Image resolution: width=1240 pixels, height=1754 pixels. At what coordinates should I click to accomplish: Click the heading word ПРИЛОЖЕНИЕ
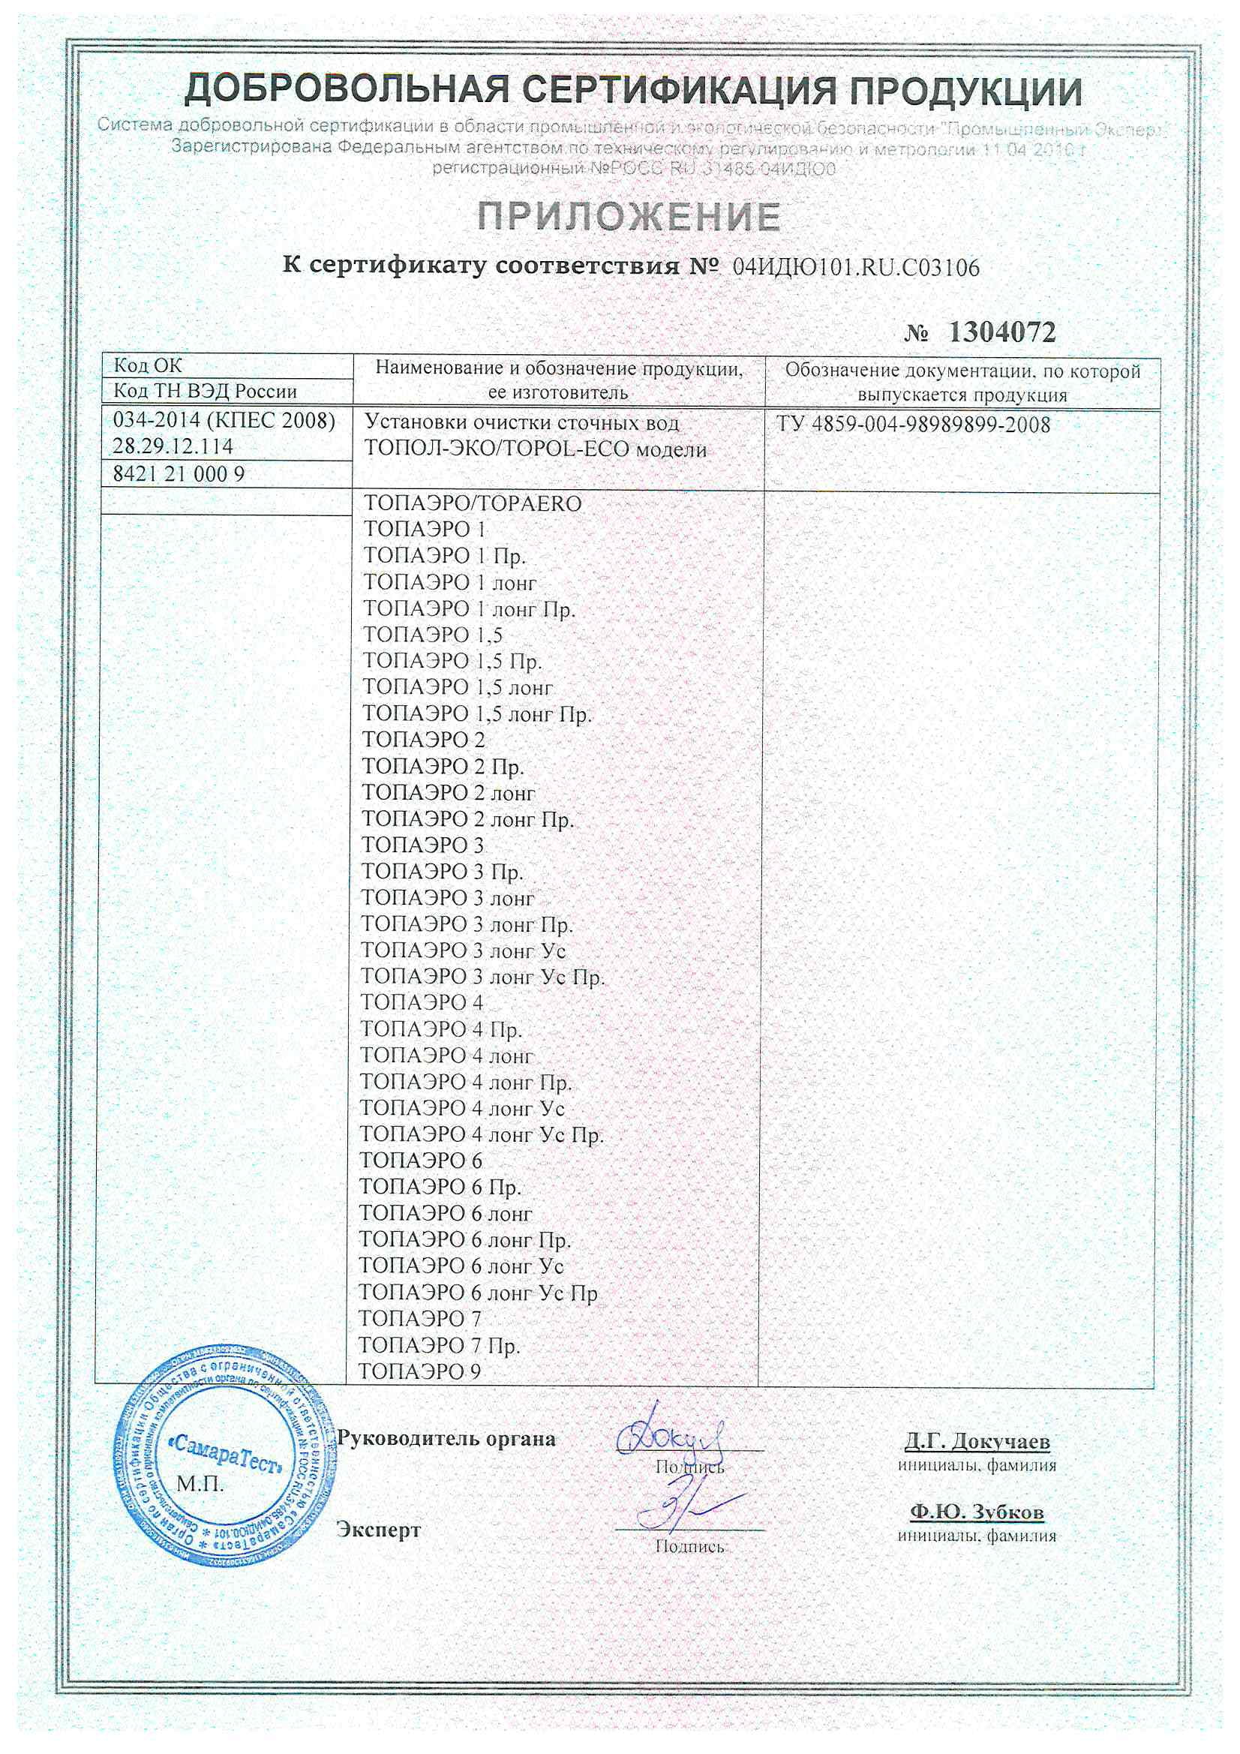(x=629, y=217)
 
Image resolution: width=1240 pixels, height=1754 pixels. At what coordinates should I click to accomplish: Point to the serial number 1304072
(x=1001, y=332)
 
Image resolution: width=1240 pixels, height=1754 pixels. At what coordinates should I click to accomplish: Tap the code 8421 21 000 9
(x=179, y=474)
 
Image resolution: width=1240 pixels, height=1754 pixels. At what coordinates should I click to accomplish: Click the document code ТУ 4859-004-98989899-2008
(x=914, y=425)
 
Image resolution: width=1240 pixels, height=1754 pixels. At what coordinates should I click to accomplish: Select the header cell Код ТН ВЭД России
(x=205, y=392)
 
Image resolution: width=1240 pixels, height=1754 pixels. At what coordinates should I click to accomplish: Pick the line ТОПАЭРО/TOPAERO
(x=472, y=504)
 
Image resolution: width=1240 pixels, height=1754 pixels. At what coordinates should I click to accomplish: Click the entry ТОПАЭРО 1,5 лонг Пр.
(x=477, y=713)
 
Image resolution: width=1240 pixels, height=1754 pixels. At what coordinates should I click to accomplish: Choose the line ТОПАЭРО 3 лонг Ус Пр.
(x=482, y=977)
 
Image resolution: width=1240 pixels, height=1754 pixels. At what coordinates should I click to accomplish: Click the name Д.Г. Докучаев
(x=977, y=1443)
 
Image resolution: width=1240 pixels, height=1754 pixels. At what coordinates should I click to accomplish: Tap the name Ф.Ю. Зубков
(x=977, y=1512)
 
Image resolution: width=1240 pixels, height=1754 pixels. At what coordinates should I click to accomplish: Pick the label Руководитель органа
(x=446, y=1438)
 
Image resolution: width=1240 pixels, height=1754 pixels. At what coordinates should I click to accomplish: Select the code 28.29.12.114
(x=173, y=446)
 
